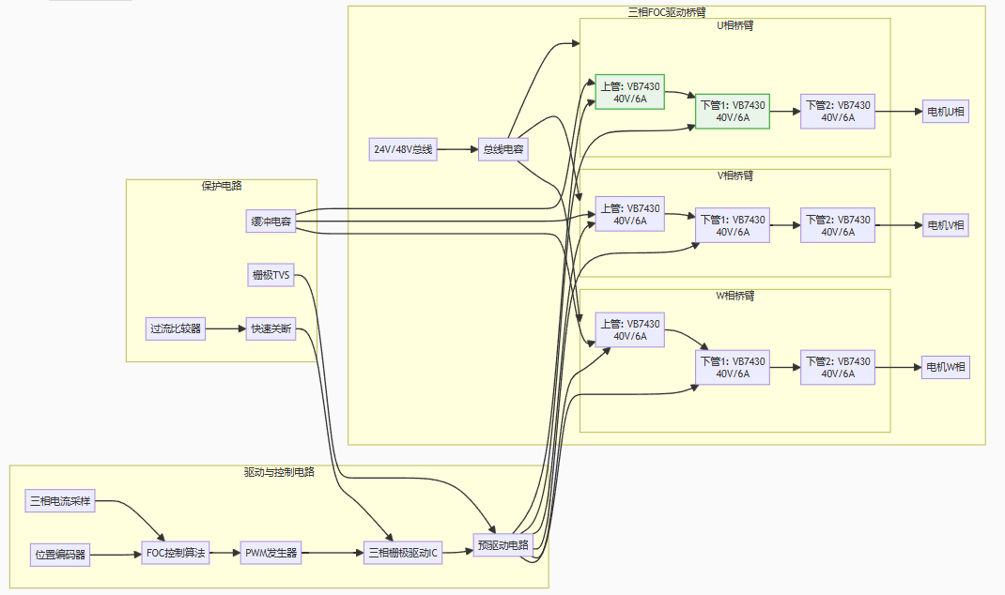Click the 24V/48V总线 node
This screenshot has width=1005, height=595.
point(404,149)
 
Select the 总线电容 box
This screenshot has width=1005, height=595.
point(503,149)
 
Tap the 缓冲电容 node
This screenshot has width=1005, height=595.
point(270,222)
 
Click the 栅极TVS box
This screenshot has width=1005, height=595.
point(270,275)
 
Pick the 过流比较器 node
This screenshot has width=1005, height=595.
point(176,329)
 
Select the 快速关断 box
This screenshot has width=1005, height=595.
point(271,329)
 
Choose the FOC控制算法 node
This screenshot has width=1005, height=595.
point(176,553)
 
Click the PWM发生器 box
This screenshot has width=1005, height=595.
point(271,553)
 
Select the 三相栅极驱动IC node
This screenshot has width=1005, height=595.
point(403,553)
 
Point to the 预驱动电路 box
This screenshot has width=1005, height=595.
point(503,544)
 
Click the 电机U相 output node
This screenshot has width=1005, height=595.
point(945,112)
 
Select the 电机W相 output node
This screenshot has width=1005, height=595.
point(945,367)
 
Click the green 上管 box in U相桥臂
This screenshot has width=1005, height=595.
point(630,92)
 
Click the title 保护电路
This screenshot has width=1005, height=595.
point(222,186)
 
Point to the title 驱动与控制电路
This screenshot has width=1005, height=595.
point(278,472)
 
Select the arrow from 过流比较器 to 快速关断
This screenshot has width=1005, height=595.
point(225,329)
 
